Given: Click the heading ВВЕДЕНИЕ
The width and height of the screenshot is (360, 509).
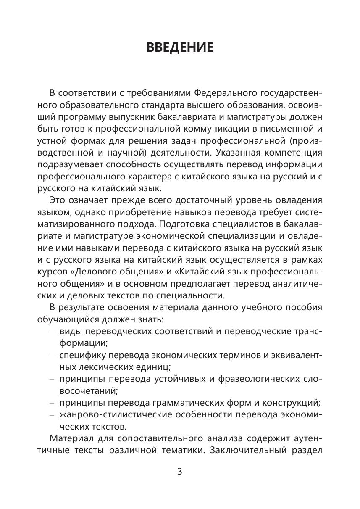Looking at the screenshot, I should pyautogui.click(x=180, y=47).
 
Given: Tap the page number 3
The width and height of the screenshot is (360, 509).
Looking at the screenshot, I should pyautogui.click(x=180, y=471).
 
